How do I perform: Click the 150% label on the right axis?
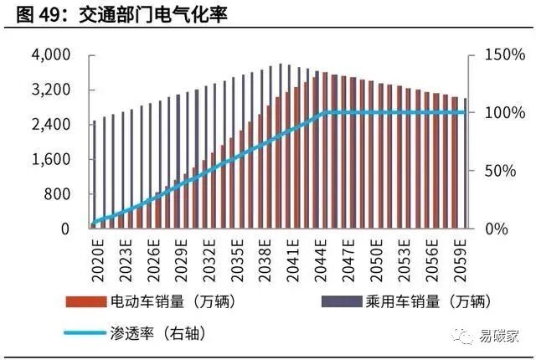point(504,55)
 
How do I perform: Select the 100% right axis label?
point(504,113)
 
